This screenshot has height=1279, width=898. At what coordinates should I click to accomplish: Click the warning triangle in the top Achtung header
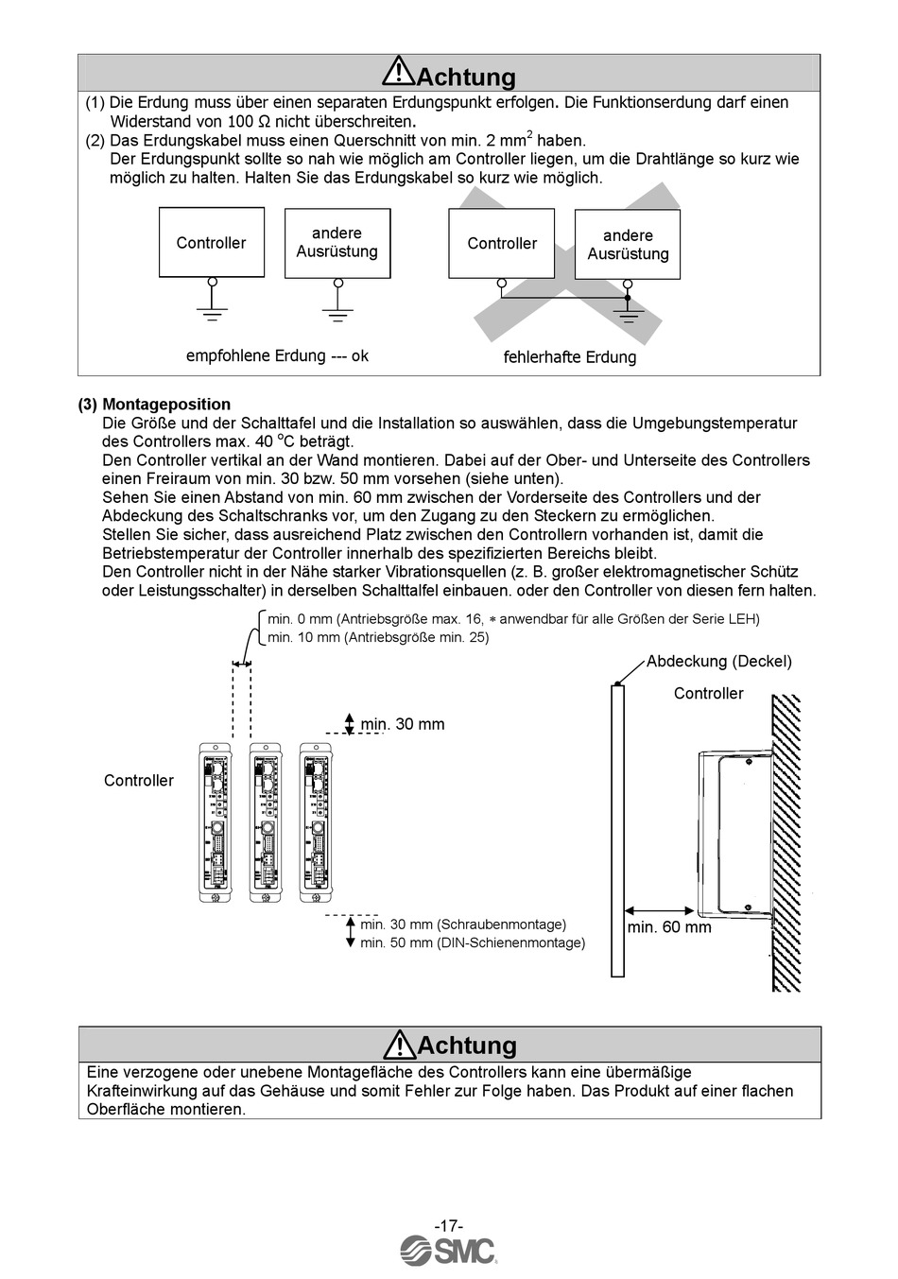399,72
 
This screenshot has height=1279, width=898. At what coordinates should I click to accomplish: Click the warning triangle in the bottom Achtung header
399,1043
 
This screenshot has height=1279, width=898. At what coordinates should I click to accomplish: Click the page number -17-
448,1225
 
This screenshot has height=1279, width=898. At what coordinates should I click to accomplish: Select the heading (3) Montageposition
154,405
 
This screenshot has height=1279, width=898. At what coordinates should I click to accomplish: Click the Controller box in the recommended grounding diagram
211,243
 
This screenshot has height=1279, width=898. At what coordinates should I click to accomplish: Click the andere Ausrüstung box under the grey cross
628,245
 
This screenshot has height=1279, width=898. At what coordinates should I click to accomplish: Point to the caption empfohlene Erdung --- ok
277,355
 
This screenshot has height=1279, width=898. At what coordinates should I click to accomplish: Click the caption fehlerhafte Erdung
569,357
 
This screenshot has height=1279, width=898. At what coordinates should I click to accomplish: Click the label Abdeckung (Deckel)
718,662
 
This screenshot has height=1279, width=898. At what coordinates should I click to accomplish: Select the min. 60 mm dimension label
669,927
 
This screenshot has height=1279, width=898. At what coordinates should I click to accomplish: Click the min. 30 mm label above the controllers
402,724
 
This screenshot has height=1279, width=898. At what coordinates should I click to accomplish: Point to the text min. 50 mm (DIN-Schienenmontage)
473,942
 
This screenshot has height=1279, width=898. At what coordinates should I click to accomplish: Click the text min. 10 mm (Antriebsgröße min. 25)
378,637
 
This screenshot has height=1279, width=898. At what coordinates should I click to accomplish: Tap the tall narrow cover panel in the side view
617,830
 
